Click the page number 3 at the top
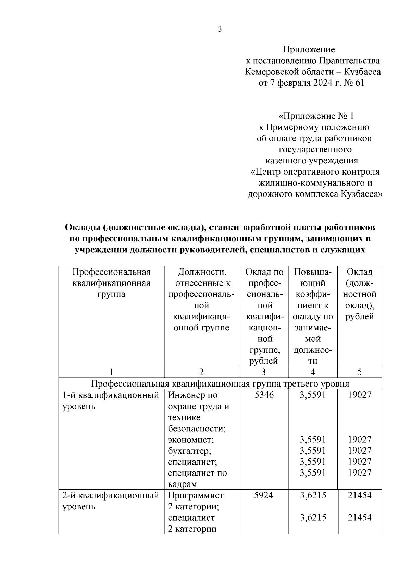pos(220,29)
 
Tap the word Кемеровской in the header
pos(270,72)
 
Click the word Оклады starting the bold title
pos(82,227)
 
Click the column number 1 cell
pos(111,372)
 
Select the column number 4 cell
pos(313,372)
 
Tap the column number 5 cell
pos(359,372)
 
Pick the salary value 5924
pos(264,495)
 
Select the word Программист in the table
pos(196,495)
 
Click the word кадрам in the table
pos(183,484)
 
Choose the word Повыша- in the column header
pos(313,272)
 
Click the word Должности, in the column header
pos(202,272)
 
